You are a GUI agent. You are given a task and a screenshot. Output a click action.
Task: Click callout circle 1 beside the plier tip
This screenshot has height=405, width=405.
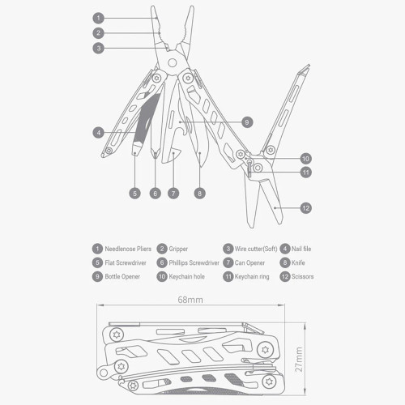click(x=98, y=18)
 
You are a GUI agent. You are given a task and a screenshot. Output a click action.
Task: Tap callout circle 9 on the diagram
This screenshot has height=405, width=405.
click(x=247, y=122)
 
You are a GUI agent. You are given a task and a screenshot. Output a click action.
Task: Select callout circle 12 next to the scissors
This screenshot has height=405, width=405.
click(x=306, y=208)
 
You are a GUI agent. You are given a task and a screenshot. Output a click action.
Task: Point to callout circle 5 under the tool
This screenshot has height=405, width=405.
click(x=134, y=194)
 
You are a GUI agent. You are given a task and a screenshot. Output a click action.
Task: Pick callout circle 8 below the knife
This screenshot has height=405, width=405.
click(x=199, y=194)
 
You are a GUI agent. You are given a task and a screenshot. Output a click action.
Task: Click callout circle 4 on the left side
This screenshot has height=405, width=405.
click(x=98, y=133)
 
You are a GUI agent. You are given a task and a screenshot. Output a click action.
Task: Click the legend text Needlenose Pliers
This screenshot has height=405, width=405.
click(x=128, y=249)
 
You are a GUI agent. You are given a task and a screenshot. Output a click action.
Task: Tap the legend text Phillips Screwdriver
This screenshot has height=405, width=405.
click(x=194, y=262)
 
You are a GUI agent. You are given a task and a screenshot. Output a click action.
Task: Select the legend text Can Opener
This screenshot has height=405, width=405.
click(x=249, y=262)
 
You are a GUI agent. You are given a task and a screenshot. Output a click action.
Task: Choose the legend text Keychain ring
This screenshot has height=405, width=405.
click(x=252, y=276)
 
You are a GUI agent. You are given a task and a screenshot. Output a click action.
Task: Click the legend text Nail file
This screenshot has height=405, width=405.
click(x=301, y=249)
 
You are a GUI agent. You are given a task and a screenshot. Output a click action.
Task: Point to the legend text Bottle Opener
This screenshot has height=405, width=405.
click(x=122, y=276)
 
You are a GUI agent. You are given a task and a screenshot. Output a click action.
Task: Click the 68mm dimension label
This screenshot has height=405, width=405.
click(x=190, y=300)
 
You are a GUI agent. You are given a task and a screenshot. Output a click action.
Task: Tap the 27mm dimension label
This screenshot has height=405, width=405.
click(x=299, y=360)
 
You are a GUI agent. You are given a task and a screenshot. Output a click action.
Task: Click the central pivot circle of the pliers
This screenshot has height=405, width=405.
click(x=172, y=63)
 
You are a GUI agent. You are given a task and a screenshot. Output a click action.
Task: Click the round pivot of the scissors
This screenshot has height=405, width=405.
click(x=258, y=168)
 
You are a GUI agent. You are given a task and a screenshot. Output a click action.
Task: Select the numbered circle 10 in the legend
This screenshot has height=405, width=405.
click(x=162, y=276)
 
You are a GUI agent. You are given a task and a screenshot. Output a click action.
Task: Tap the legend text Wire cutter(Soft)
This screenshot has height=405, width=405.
click(x=256, y=249)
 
